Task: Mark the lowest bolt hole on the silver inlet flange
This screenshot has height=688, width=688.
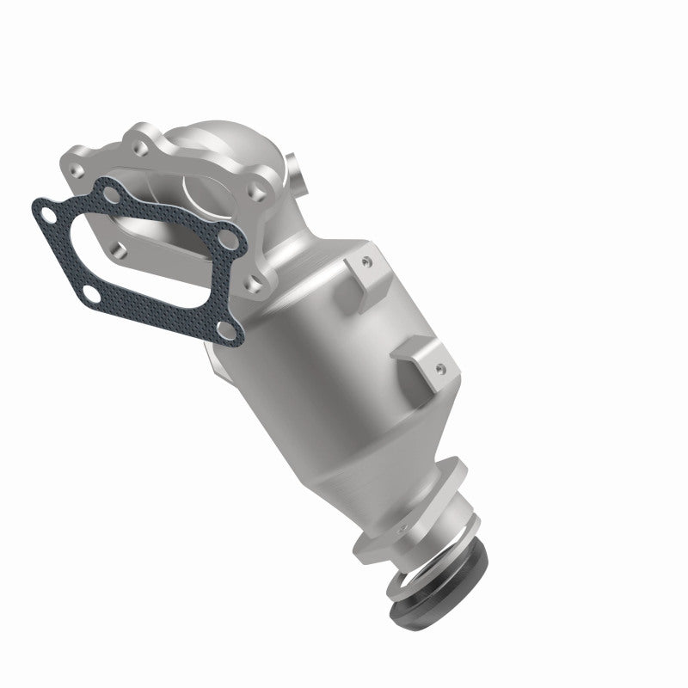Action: pos(252,279)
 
